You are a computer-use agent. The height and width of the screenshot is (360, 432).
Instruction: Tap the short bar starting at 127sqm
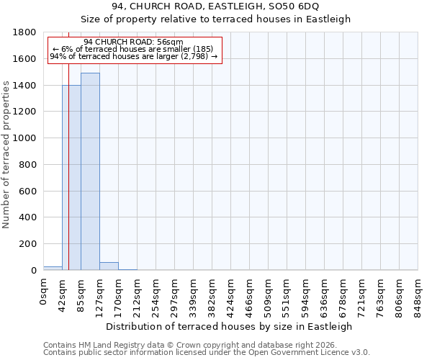(109, 266)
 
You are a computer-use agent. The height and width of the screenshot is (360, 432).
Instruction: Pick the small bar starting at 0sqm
(53, 268)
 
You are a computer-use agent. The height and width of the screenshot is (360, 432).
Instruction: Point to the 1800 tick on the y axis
(25, 32)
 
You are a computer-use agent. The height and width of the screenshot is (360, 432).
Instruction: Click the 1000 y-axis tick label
(25, 138)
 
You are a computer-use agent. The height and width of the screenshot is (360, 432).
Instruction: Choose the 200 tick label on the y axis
(28, 244)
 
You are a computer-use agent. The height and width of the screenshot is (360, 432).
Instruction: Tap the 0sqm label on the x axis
(43, 293)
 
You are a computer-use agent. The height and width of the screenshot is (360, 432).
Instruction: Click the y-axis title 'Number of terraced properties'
(7, 155)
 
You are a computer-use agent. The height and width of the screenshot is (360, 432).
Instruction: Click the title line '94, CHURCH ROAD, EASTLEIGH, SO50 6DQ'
(215, 7)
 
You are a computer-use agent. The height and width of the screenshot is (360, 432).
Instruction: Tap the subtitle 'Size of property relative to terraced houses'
(215, 19)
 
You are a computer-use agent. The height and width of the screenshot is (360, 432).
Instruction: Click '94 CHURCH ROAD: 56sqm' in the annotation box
(133, 42)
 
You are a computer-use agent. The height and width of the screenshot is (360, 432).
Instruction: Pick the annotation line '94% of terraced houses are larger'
(133, 57)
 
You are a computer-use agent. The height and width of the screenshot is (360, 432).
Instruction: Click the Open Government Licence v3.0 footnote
(207, 353)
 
